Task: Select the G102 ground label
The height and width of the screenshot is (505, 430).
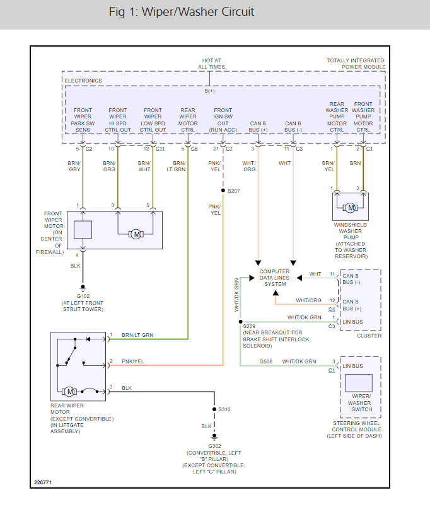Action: click(83, 295)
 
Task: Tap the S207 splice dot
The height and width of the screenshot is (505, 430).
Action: click(223, 190)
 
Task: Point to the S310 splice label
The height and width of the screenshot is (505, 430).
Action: click(225, 409)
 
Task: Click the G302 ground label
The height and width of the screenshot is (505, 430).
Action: click(215, 445)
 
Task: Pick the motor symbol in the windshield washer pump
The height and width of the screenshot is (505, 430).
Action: click(350, 207)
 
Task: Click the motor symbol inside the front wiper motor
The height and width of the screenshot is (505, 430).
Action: click(135, 234)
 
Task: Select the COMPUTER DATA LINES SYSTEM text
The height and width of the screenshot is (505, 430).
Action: click(275, 278)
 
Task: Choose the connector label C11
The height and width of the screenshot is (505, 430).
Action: click(160, 149)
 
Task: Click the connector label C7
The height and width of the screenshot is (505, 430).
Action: click(228, 149)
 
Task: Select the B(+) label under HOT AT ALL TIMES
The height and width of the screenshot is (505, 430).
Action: click(209, 91)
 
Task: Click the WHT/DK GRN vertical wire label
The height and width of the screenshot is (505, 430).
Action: click(237, 296)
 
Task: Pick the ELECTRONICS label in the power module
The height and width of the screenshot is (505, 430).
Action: click(83, 81)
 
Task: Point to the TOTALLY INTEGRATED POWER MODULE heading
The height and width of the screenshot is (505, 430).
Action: click(356, 64)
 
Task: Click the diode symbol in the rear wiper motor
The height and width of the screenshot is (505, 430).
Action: click(88, 339)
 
